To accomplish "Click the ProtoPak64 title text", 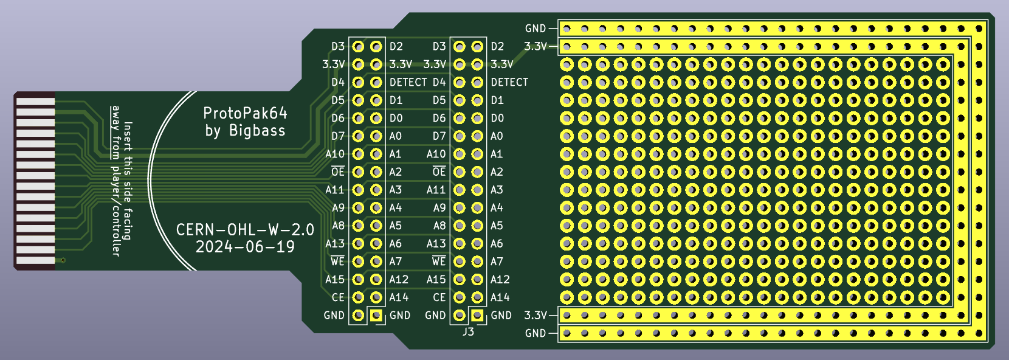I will point(244,113).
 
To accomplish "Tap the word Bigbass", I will point(257,131).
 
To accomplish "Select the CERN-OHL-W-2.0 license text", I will point(244,230).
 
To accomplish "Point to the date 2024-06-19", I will point(244,247).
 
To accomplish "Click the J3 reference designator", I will point(468,332).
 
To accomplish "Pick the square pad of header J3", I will point(478,315).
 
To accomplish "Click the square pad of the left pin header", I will point(377,315).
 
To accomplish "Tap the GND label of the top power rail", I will point(535,29).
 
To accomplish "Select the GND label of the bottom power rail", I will point(535,333).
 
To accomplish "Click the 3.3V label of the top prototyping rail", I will point(535,46).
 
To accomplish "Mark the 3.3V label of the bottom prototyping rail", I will point(535,315).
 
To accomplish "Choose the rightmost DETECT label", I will point(509,82).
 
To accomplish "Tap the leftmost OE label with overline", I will point(338,172).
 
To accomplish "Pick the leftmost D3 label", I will point(338,46).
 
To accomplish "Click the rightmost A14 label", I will point(500,297).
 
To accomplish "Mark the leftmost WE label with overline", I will point(337,261).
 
